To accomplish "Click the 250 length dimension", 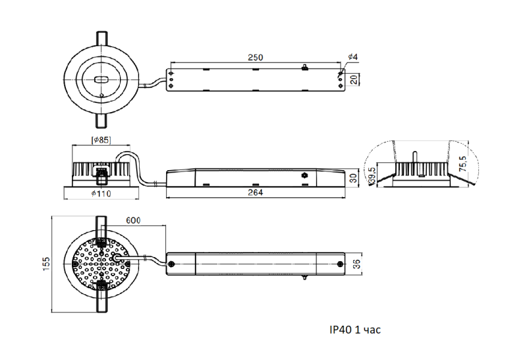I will point(256,58).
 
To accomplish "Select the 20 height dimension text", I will point(354,80).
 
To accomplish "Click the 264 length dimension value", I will point(256,193).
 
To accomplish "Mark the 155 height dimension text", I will point(47,264).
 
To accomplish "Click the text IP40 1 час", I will point(355,329).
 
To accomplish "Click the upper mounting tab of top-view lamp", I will point(101,38).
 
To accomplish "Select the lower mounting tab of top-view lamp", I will point(101,121).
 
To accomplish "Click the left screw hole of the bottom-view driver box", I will point(172,264).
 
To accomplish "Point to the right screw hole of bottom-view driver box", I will point(340,264).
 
